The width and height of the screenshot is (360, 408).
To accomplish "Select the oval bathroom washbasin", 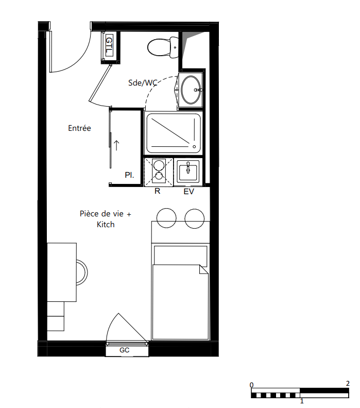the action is point(191,90).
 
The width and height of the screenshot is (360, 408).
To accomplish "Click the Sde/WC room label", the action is point(143,83).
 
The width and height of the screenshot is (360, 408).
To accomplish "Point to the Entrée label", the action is point(79,128).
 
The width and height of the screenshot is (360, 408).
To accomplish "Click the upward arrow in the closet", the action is point(116,145).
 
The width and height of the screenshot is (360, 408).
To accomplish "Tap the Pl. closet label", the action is point(129,175).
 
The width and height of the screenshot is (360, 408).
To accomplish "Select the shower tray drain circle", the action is point(194,147).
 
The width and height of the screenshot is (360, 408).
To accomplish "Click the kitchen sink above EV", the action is point(188,172).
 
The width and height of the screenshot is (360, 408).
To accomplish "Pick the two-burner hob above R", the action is point(159,172).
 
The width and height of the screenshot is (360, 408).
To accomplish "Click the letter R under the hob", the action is point(157,191).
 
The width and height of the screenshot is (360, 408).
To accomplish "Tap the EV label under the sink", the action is point(188,192).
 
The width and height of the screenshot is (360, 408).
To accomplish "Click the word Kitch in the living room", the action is point(106,224).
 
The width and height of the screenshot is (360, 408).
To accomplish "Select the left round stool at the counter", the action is point(166,218).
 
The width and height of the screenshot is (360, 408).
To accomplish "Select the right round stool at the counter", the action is point(195,218).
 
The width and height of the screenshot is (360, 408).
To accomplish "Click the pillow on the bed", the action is point(181,256).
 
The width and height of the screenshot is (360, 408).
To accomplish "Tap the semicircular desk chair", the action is point(82,272).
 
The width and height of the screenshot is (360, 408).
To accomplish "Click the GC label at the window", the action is point(124,350).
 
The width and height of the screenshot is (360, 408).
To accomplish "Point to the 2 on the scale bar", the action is point(348,383).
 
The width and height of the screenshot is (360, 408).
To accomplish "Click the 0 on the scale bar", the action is point(251,385).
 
